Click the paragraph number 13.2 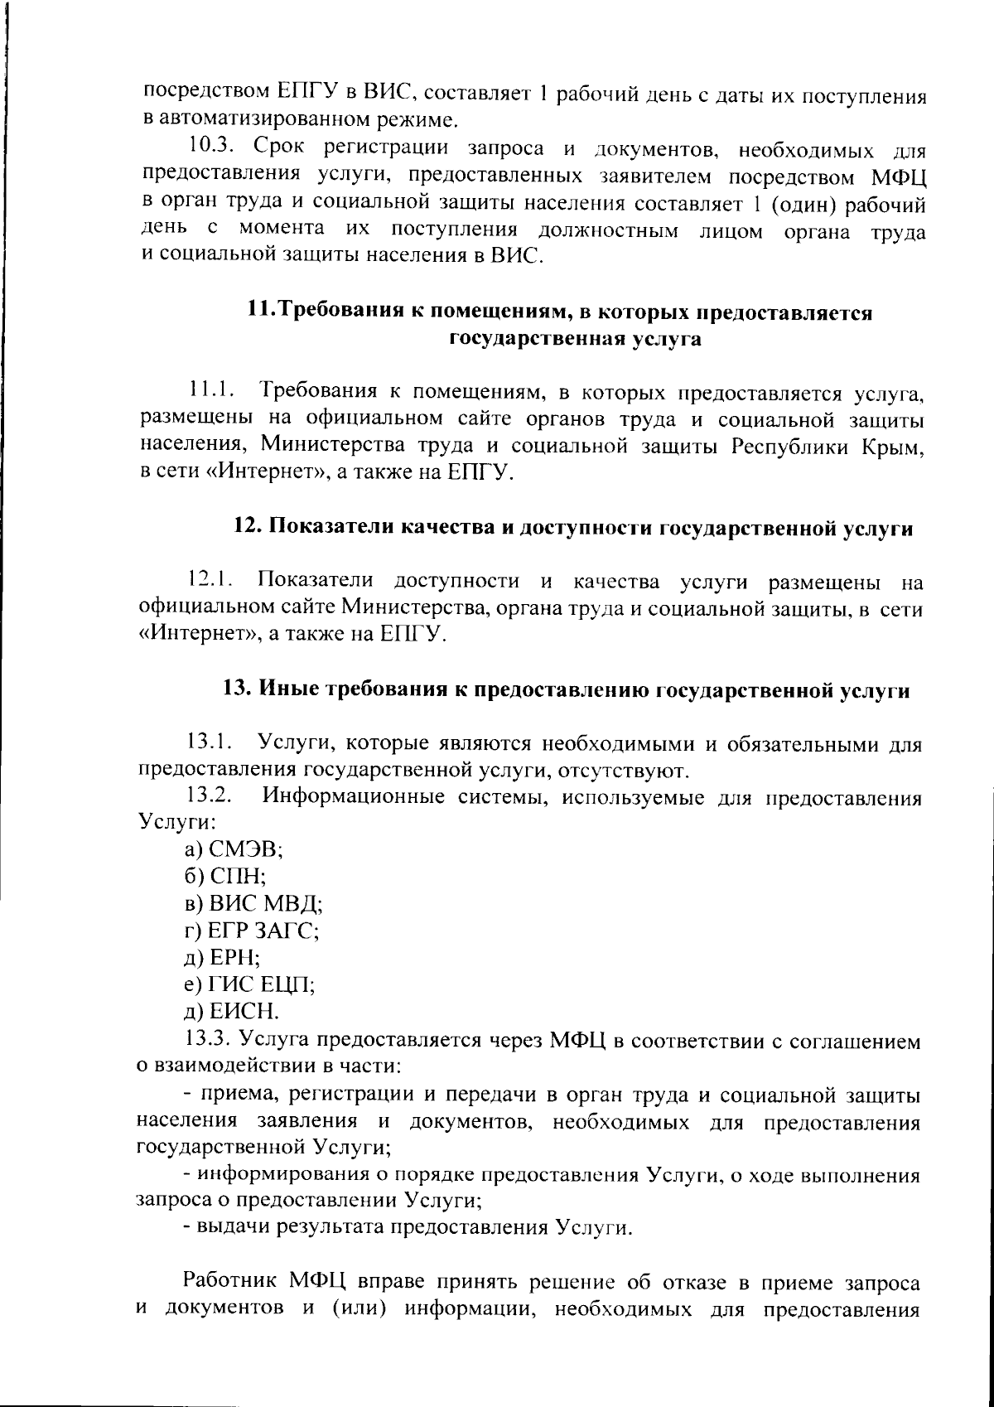tap(209, 797)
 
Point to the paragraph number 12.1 tap(208, 581)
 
